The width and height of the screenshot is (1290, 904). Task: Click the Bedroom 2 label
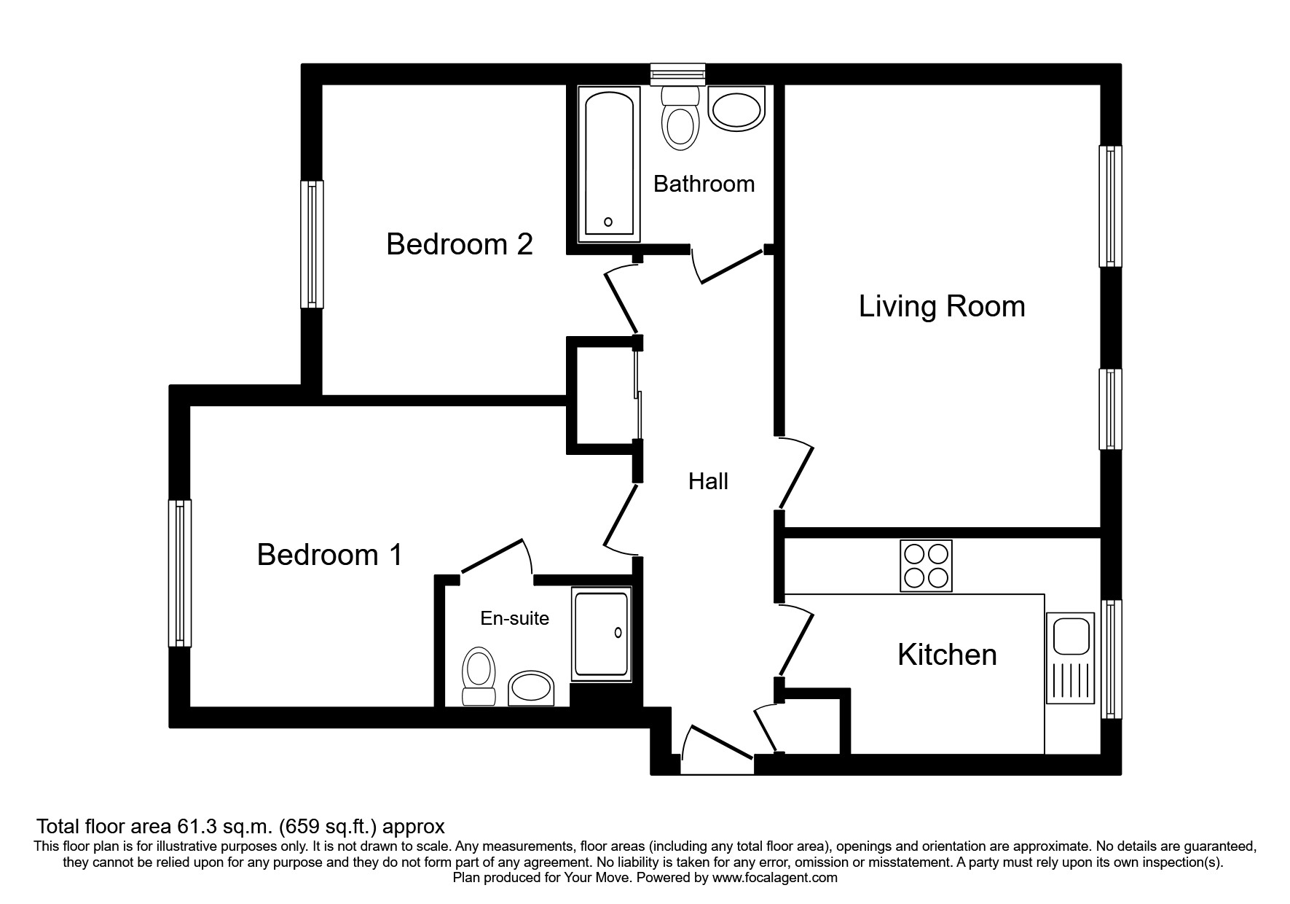click(459, 244)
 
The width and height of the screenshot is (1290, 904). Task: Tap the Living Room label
click(941, 306)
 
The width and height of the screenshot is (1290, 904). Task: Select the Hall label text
click(708, 481)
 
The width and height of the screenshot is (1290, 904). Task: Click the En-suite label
click(514, 618)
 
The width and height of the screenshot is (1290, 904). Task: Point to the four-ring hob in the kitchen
click(926, 566)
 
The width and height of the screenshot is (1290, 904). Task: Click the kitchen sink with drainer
click(1070, 658)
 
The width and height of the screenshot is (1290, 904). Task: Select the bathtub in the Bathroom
click(609, 165)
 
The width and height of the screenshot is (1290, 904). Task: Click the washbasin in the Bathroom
click(737, 110)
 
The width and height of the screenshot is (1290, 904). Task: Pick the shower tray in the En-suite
click(601, 634)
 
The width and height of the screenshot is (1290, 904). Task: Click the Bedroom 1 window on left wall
click(180, 573)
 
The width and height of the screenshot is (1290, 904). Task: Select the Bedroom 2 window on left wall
click(312, 244)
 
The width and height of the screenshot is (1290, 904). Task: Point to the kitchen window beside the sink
click(1110, 659)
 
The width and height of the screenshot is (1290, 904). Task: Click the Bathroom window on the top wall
click(678, 72)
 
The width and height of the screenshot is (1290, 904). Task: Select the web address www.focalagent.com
click(774, 878)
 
